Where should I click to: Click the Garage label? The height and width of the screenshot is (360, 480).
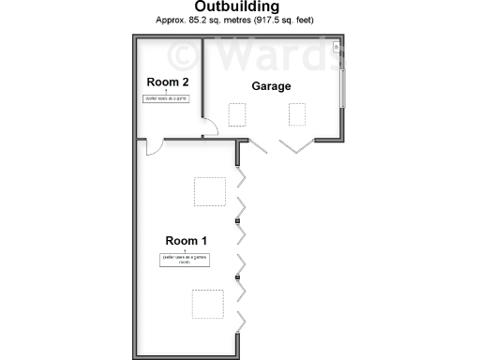point(271,86)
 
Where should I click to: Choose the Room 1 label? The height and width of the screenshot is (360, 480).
point(187,240)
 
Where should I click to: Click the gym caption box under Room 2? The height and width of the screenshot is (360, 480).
point(166,98)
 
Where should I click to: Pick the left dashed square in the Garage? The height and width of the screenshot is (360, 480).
point(238,114)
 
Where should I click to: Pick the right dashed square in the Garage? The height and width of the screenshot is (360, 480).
point(298,114)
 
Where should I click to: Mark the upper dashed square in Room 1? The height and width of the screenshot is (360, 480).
point(209,191)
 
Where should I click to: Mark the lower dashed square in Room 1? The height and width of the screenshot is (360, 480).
point(208,305)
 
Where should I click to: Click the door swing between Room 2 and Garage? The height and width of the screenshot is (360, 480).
point(211,130)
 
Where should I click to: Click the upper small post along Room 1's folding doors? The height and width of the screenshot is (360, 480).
point(238,221)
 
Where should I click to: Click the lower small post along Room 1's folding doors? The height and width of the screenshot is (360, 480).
point(238,277)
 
